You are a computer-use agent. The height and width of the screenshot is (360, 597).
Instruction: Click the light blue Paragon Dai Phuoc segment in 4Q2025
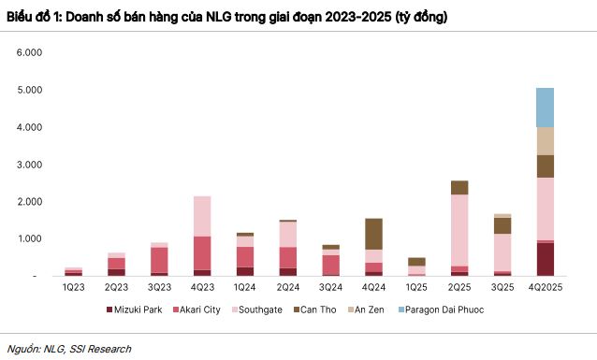point(544,108)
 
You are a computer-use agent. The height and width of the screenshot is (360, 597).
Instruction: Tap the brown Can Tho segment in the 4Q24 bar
point(373,234)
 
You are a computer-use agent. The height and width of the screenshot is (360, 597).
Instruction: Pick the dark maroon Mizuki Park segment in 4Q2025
point(544,260)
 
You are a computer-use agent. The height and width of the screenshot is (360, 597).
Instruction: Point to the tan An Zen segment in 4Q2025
point(544,141)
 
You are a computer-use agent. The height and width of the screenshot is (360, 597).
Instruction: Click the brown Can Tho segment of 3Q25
point(502,225)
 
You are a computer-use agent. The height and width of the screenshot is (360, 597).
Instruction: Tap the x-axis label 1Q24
point(244,287)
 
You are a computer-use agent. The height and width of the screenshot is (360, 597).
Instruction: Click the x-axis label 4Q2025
point(544,287)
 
